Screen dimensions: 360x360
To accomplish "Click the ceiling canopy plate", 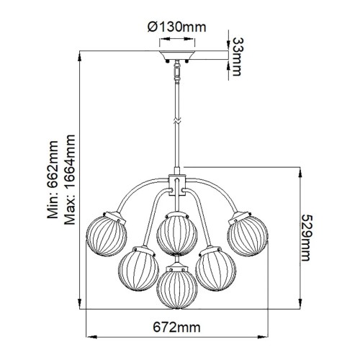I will [176, 56].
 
